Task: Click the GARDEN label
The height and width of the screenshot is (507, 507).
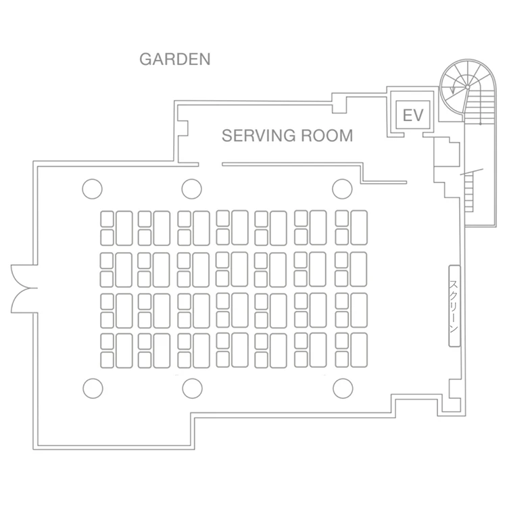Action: (175, 59)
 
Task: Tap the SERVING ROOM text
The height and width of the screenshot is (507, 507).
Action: (287, 135)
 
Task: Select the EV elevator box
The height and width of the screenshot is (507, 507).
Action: (413, 115)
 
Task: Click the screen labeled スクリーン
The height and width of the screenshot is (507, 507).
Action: (454, 306)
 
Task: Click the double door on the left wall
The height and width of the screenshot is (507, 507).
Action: (22, 289)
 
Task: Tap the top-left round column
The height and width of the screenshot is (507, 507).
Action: (92, 189)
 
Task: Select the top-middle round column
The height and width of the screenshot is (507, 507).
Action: (192, 189)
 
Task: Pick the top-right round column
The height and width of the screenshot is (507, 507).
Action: (342, 189)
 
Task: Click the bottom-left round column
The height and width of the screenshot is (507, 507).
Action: (93, 388)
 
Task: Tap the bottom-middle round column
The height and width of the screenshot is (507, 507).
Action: (193, 388)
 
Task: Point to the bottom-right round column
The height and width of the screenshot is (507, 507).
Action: (343, 388)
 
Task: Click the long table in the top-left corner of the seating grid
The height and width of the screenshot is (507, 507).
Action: (124, 228)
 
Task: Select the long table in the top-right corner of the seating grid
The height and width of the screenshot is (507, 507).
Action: (359, 228)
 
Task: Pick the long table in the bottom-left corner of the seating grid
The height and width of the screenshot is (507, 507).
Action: (124, 351)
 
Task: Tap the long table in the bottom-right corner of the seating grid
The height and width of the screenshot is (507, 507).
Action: (359, 350)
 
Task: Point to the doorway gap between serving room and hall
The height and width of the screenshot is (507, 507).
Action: (210, 164)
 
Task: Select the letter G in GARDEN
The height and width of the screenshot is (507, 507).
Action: (145, 59)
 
